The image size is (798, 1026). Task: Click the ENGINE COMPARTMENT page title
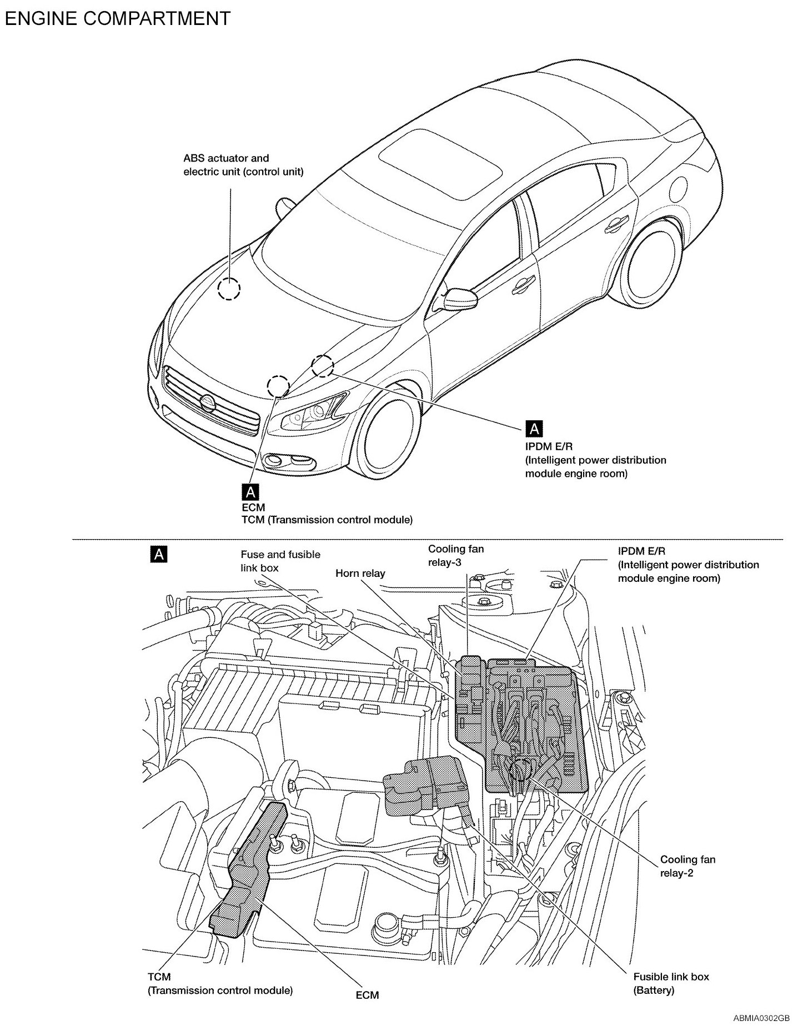coord(117,18)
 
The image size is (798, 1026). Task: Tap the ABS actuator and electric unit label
coord(243,165)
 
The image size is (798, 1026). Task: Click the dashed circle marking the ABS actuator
coord(228,289)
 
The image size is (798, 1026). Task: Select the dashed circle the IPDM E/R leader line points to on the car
coord(322,366)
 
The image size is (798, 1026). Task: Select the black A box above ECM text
coord(250,491)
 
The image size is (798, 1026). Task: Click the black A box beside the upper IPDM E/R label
coord(534,428)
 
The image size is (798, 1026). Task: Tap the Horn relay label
coord(360,574)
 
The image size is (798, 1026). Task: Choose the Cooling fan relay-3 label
coord(455,555)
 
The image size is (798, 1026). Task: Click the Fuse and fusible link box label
coord(280,561)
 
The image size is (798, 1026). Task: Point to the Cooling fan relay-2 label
coord(687,866)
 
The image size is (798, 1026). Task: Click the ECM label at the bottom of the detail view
coord(367,995)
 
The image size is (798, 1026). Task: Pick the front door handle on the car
coord(520,286)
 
